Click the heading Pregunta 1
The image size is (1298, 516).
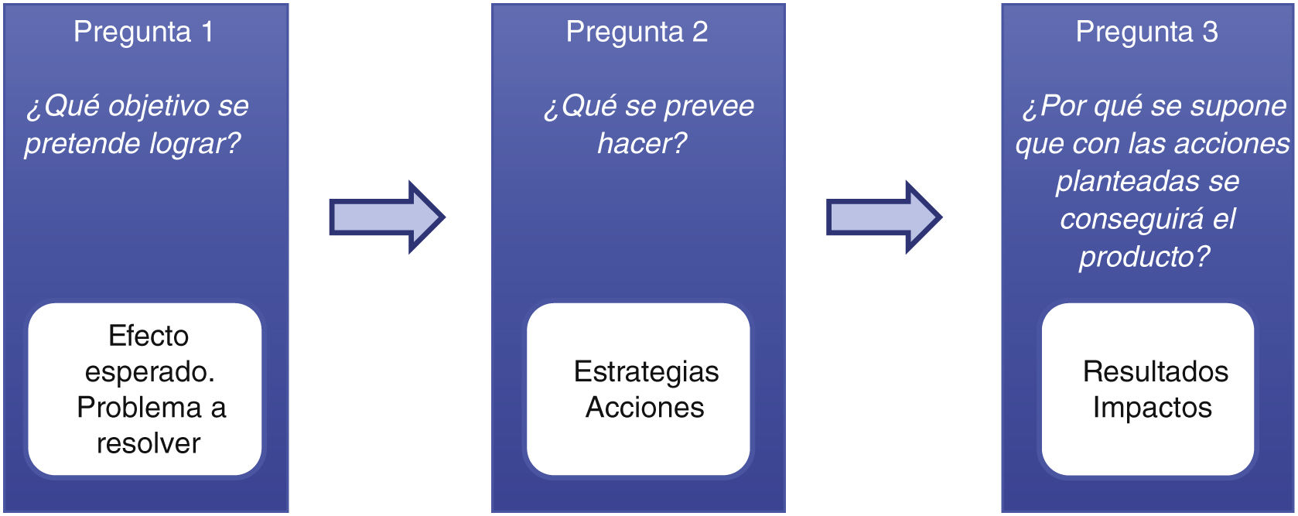(x=143, y=32)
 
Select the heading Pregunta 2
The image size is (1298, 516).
(x=637, y=32)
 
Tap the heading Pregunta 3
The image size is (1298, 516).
(x=1146, y=32)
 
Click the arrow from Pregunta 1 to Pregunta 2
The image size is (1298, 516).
(x=387, y=217)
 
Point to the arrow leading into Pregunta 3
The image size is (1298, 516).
(x=883, y=217)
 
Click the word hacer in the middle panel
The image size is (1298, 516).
(x=637, y=144)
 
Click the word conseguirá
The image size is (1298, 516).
(x=1132, y=220)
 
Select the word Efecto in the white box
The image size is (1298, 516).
(x=149, y=336)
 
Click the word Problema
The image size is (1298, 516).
(x=139, y=408)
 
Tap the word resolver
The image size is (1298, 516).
(x=149, y=443)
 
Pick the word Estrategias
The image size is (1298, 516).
(x=646, y=372)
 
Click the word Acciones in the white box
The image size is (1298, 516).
(x=644, y=408)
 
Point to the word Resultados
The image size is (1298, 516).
(x=1155, y=372)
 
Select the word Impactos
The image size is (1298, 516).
(x=1152, y=408)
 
